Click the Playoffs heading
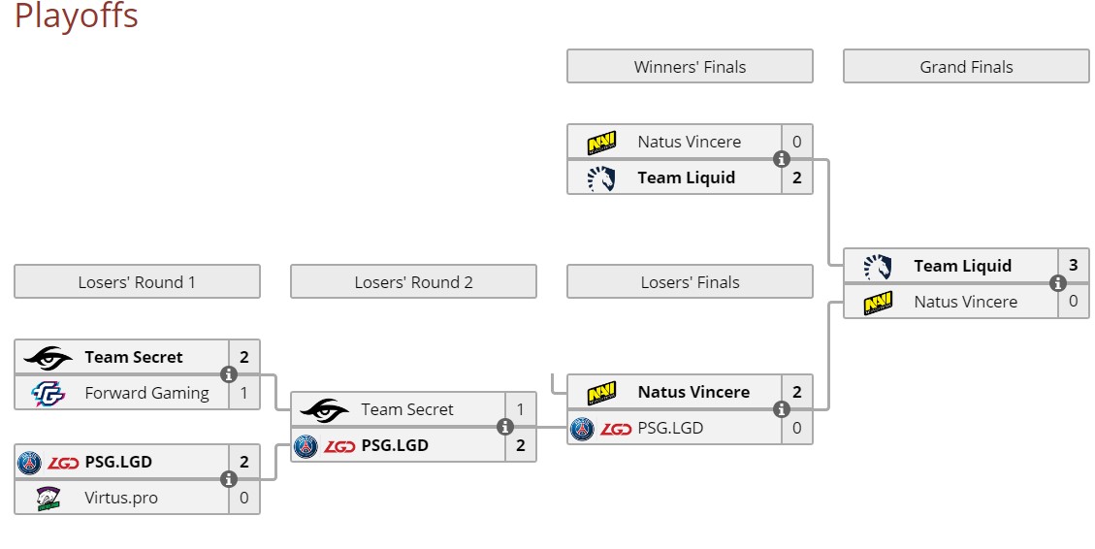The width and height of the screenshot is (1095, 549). click(76, 16)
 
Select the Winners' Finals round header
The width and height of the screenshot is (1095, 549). click(690, 67)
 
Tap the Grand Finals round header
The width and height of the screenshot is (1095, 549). click(966, 67)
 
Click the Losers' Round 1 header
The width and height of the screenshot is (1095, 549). click(137, 282)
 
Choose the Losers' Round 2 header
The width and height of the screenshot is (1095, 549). click(413, 282)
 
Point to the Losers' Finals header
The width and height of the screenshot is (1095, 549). click(690, 282)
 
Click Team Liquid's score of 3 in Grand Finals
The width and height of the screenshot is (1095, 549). click(1073, 266)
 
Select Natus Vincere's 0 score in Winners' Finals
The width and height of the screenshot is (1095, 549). click(796, 142)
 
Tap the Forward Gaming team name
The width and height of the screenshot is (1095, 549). click(146, 393)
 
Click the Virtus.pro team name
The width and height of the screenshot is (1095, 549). click(121, 498)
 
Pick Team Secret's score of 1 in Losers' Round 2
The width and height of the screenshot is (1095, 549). click(520, 409)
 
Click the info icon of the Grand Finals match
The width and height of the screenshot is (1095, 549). click(1058, 283)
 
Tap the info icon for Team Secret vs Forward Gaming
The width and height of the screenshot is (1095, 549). click(229, 374)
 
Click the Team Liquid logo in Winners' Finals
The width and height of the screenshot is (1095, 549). click(601, 178)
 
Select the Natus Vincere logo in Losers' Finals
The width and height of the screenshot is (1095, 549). click(601, 393)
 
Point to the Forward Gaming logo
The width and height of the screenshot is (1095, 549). click(48, 393)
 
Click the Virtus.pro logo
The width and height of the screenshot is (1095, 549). click(48, 498)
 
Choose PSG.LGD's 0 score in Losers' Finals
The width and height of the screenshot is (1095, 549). click(796, 428)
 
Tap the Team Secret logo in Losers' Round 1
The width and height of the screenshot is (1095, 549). click(48, 358)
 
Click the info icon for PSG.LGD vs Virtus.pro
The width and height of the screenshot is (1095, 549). click(229, 479)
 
